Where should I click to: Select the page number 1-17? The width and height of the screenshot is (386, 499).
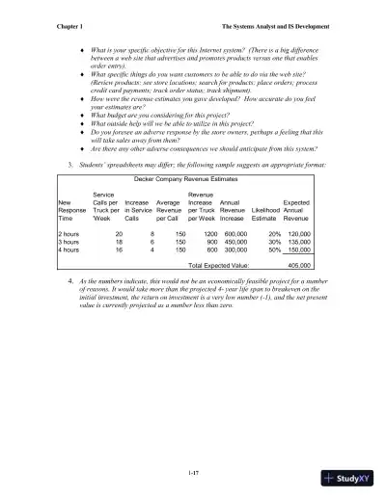tap(192, 444)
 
